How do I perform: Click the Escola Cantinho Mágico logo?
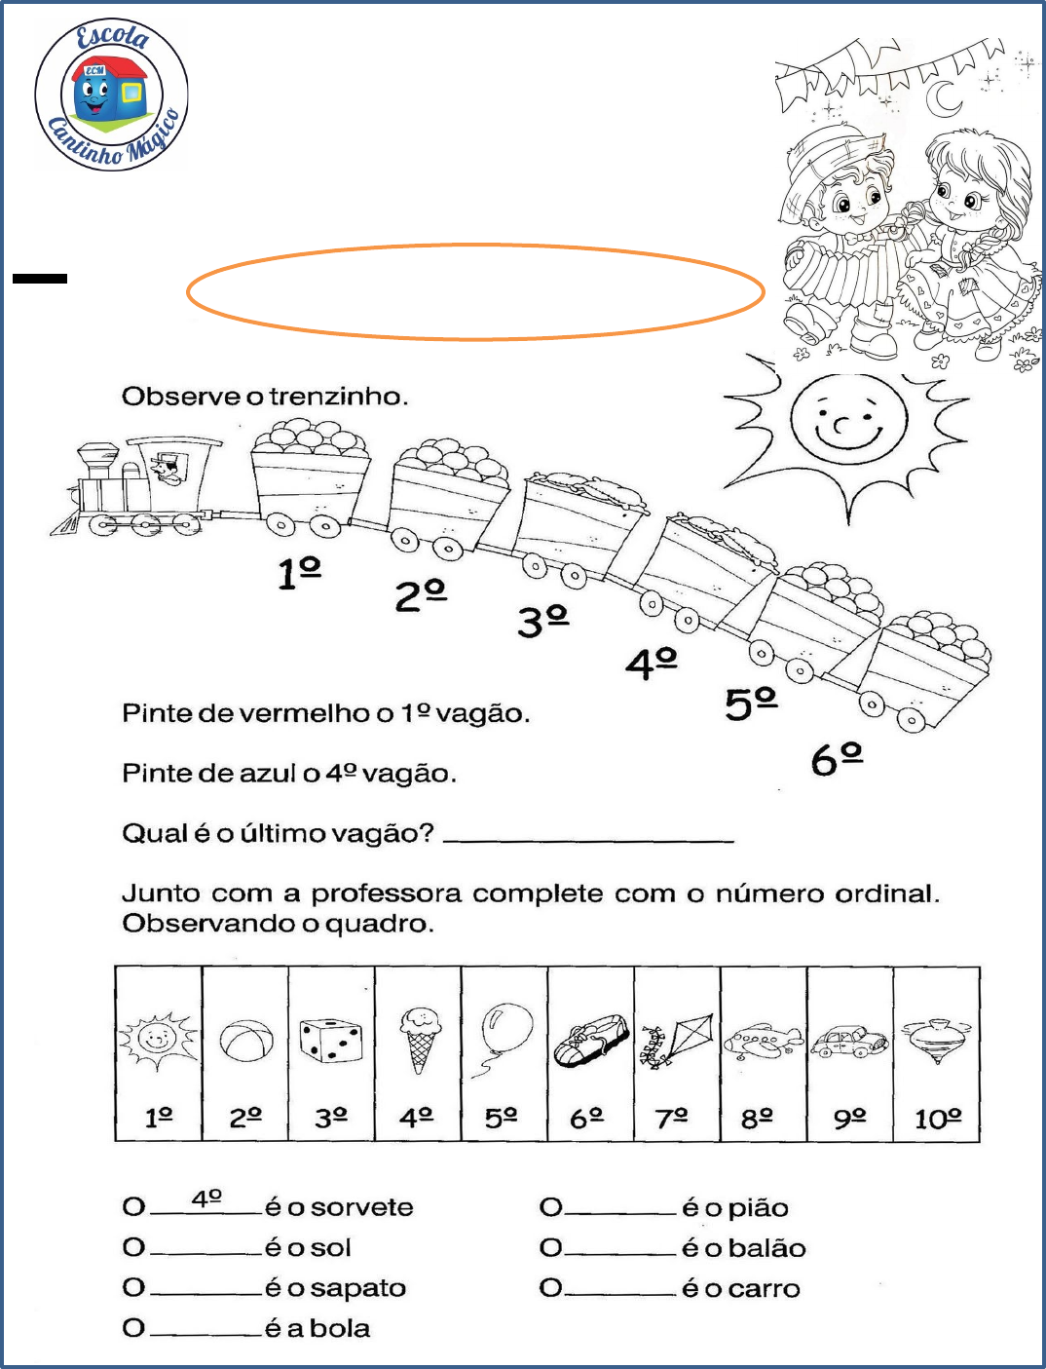111,95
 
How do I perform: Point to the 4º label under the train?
651,663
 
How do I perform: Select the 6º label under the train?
837,758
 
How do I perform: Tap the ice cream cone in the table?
419,1040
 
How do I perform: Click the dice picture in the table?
331,1040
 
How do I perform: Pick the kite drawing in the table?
678,1041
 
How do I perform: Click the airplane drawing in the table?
764,1041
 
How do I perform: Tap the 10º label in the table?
937,1119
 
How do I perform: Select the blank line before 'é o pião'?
620,1211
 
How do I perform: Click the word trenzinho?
335,397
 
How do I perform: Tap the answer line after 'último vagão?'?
589,836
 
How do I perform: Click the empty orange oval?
475,291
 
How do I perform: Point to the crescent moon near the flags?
942,97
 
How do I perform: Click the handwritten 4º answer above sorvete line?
206,1198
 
